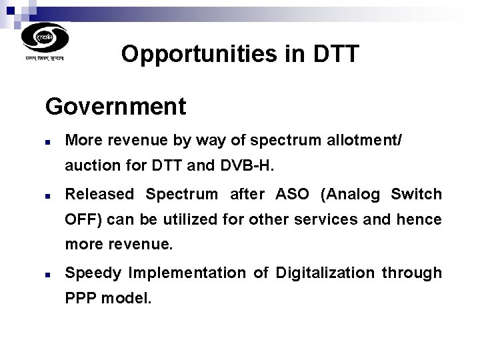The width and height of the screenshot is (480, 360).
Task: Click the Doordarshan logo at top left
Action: pyautogui.click(x=45, y=37)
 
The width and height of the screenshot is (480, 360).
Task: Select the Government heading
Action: pyautogui.click(x=115, y=106)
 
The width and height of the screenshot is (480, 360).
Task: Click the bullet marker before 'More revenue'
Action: pyautogui.click(x=49, y=142)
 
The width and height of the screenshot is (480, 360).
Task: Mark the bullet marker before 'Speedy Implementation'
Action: pyautogui.click(x=49, y=274)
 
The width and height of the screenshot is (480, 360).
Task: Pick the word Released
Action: pyautogui.click(x=99, y=195)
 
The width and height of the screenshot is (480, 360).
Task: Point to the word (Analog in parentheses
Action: pyautogui.click(x=350, y=195)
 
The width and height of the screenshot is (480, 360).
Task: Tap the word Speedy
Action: pyautogui.click(x=94, y=273)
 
